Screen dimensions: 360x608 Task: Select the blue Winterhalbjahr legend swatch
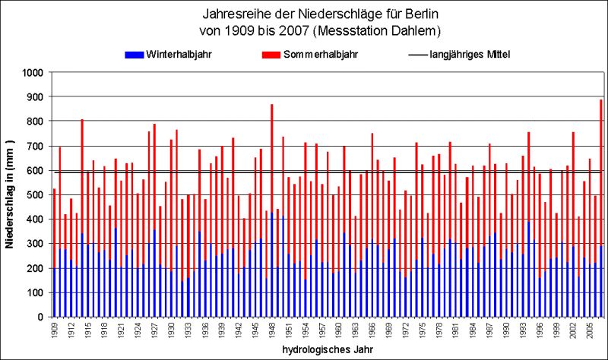click(135, 55)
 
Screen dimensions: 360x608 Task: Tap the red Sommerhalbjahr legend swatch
click(271, 55)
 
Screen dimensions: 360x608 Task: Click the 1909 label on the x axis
click(54, 330)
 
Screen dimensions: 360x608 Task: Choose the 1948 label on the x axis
click(271, 330)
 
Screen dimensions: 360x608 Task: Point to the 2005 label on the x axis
click(589, 330)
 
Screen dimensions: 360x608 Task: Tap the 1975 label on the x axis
click(422, 330)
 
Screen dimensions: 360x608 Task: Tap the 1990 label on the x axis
click(505, 330)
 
